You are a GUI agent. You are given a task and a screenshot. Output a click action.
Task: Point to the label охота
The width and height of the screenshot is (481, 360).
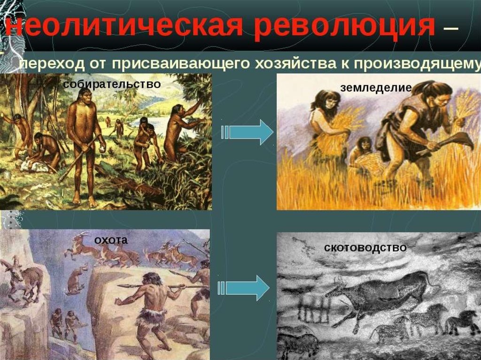pyautogui.click(x=111, y=240)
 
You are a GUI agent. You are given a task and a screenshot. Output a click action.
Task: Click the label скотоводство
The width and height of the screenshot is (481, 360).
pyautogui.click(x=365, y=247)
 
